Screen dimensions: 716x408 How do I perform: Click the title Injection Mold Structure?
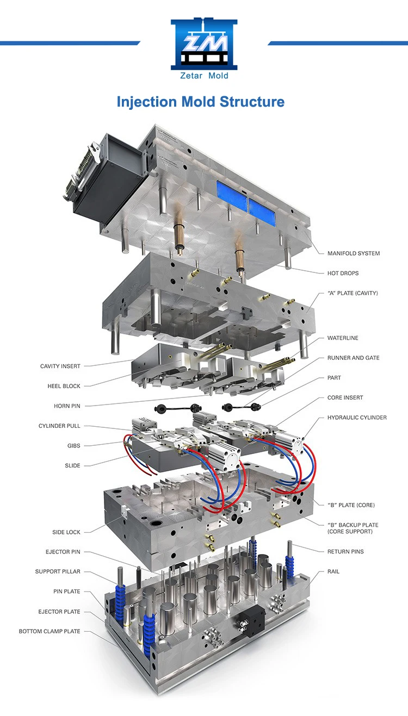(x=201, y=102)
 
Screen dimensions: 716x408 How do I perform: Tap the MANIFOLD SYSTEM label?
(x=354, y=253)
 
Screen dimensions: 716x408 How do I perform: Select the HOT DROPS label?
(x=343, y=273)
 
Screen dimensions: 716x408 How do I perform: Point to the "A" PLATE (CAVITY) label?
(x=353, y=293)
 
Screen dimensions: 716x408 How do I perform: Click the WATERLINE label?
(x=343, y=338)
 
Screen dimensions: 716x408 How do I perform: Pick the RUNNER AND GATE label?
(x=353, y=358)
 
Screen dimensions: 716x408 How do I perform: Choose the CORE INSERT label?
(x=345, y=397)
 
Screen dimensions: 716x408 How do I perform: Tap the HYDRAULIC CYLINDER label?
(x=357, y=418)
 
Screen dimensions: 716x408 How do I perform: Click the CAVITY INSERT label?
(x=60, y=366)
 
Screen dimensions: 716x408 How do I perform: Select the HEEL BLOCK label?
(x=64, y=386)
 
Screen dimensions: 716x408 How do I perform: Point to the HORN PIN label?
(x=67, y=406)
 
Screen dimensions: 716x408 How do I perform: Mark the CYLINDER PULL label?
(x=59, y=426)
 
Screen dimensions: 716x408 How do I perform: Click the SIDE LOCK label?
(x=66, y=532)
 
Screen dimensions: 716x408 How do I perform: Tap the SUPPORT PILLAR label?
(x=58, y=571)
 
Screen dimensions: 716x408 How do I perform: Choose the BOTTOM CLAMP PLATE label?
(x=50, y=631)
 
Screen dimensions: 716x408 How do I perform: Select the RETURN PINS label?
(x=345, y=552)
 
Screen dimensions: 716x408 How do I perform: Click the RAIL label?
(x=333, y=571)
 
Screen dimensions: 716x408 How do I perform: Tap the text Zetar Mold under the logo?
(x=204, y=76)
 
